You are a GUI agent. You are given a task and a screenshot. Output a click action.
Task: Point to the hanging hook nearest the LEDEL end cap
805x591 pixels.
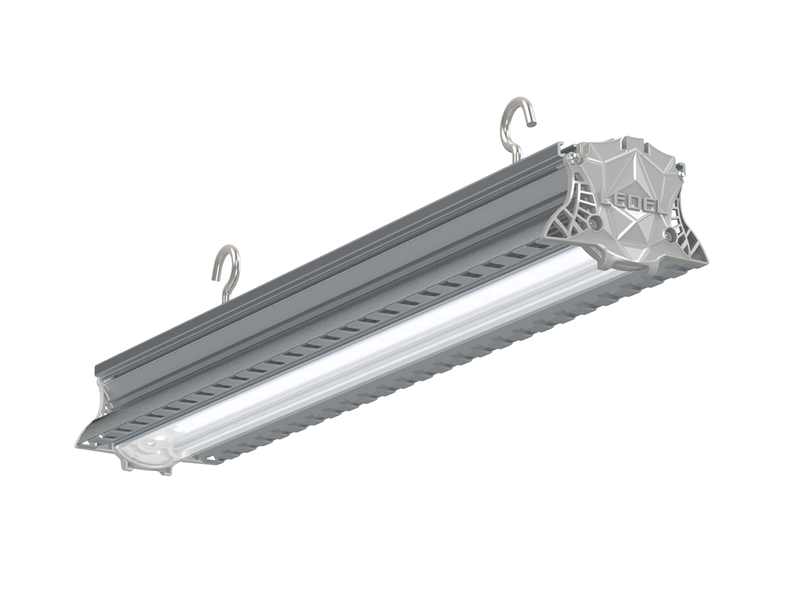coord(517,128)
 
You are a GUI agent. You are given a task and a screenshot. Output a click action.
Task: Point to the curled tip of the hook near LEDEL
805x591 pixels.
coord(530,122)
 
